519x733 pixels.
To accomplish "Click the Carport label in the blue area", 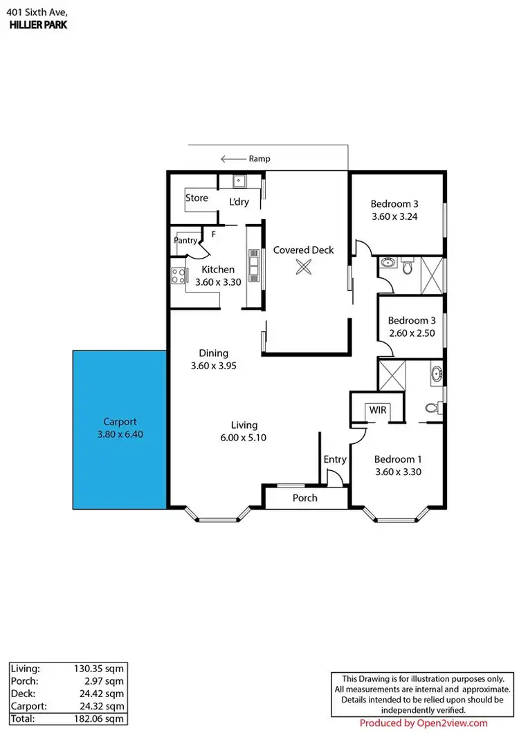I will coord(120,421).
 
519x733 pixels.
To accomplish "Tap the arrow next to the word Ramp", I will coord(233,158).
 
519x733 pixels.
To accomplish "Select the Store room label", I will coord(197,198).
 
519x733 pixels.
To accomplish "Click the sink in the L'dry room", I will coord(239,182).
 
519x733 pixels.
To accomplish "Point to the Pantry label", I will coord(185,241).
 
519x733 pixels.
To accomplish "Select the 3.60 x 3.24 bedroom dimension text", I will coord(394,216).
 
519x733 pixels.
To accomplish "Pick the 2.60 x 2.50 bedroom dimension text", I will coord(411,333).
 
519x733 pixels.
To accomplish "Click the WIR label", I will coord(378,410).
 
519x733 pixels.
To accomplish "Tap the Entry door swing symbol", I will coord(335,477).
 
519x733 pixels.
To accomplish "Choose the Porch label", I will coord(305,498).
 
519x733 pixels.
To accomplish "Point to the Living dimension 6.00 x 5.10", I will coord(244,438).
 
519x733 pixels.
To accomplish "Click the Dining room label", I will coord(214,353).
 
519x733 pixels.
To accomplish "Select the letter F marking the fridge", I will coord(214,234).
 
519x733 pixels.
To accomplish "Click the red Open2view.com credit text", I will coord(424,723).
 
